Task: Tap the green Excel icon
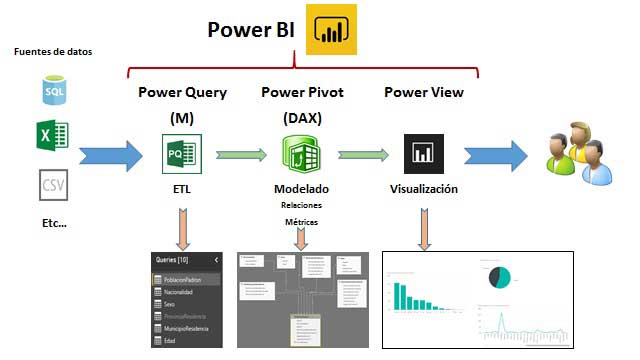click(52, 136)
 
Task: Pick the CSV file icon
click(52, 184)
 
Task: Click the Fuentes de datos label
click(54, 51)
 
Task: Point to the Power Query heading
click(182, 93)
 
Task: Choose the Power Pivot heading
click(303, 93)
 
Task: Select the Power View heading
click(424, 93)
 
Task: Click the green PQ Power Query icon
click(181, 155)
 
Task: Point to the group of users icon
click(575, 153)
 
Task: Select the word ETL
click(182, 189)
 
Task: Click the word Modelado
click(301, 189)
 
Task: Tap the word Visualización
click(424, 189)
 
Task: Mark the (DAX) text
click(302, 118)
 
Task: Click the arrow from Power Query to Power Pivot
click(241, 155)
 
